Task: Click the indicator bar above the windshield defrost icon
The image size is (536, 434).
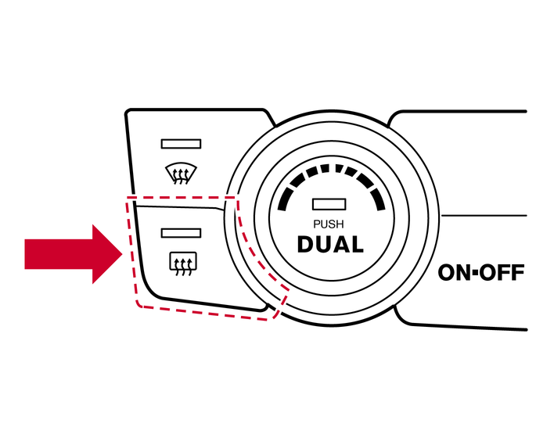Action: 181,144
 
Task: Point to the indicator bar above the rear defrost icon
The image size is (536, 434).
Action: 181,233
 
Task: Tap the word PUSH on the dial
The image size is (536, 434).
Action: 329,224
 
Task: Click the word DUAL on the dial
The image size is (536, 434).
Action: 330,245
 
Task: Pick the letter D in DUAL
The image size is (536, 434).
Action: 306,245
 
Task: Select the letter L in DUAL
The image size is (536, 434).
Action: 357,245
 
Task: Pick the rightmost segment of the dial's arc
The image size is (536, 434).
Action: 379,201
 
